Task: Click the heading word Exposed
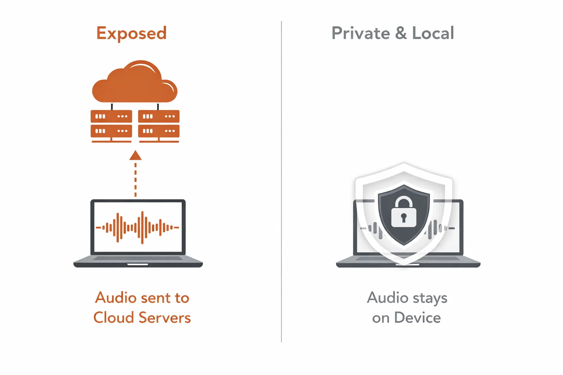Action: pyautogui.click(x=131, y=33)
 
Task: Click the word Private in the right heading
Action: pyautogui.click(x=361, y=33)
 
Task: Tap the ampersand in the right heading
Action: pyautogui.click(x=401, y=33)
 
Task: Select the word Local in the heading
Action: pyautogui.click(x=433, y=33)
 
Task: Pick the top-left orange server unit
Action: pyautogui.click(x=111, y=116)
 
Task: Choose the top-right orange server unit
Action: pyautogui.click(x=159, y=116)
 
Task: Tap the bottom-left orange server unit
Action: pyautogui.click(x=111, y=131)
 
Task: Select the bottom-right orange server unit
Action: pyautogui.click(x=159, y=131)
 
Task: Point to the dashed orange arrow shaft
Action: pyautogui.click(x=135, y=179)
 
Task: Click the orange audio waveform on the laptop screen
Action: pyautogui.click(x=137, y=227)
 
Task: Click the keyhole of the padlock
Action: pyautogui.click(x=404, y=218)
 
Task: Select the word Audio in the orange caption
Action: pyautogui.click(x=115, y=298)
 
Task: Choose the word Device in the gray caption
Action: pyautogui.click(x=417, y=318)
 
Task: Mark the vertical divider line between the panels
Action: pyautogui.click(x=281, y=183)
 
